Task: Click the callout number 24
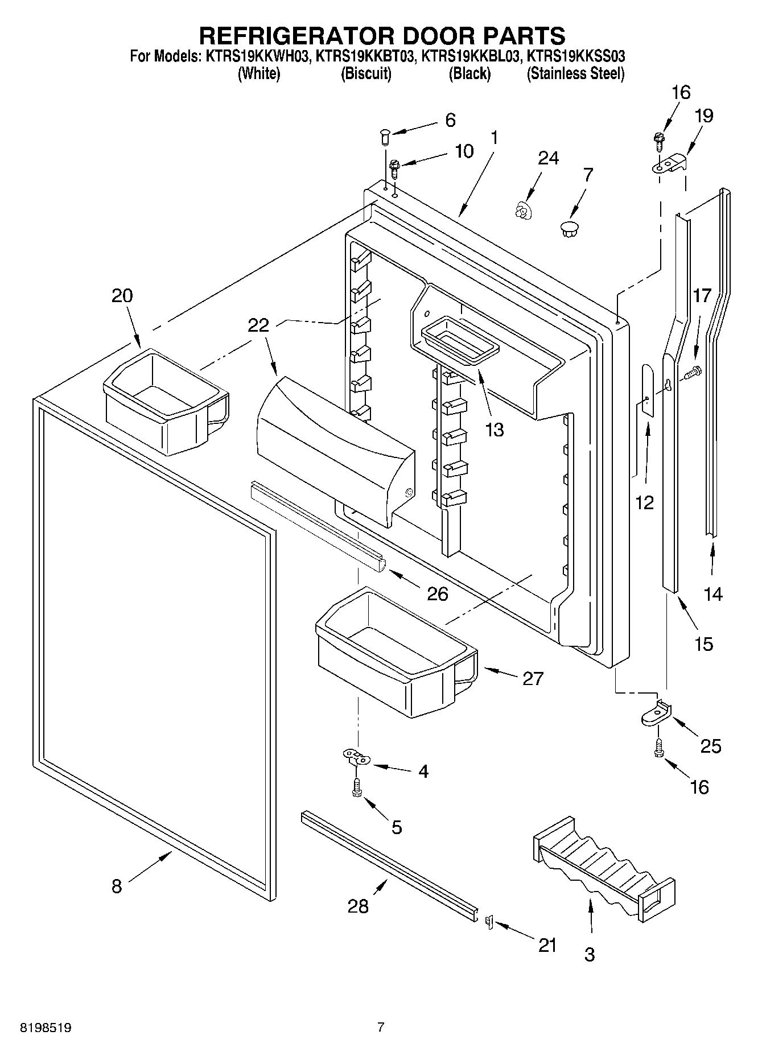(548, 158)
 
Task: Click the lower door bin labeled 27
(393, 654)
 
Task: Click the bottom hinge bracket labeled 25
(656, 715)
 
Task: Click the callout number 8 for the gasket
(116, 886)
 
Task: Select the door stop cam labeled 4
(356, 757)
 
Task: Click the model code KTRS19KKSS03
(575, 56)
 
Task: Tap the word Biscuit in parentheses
(366, 74)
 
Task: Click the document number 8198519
(46, 1028)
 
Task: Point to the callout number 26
(437, 594)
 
